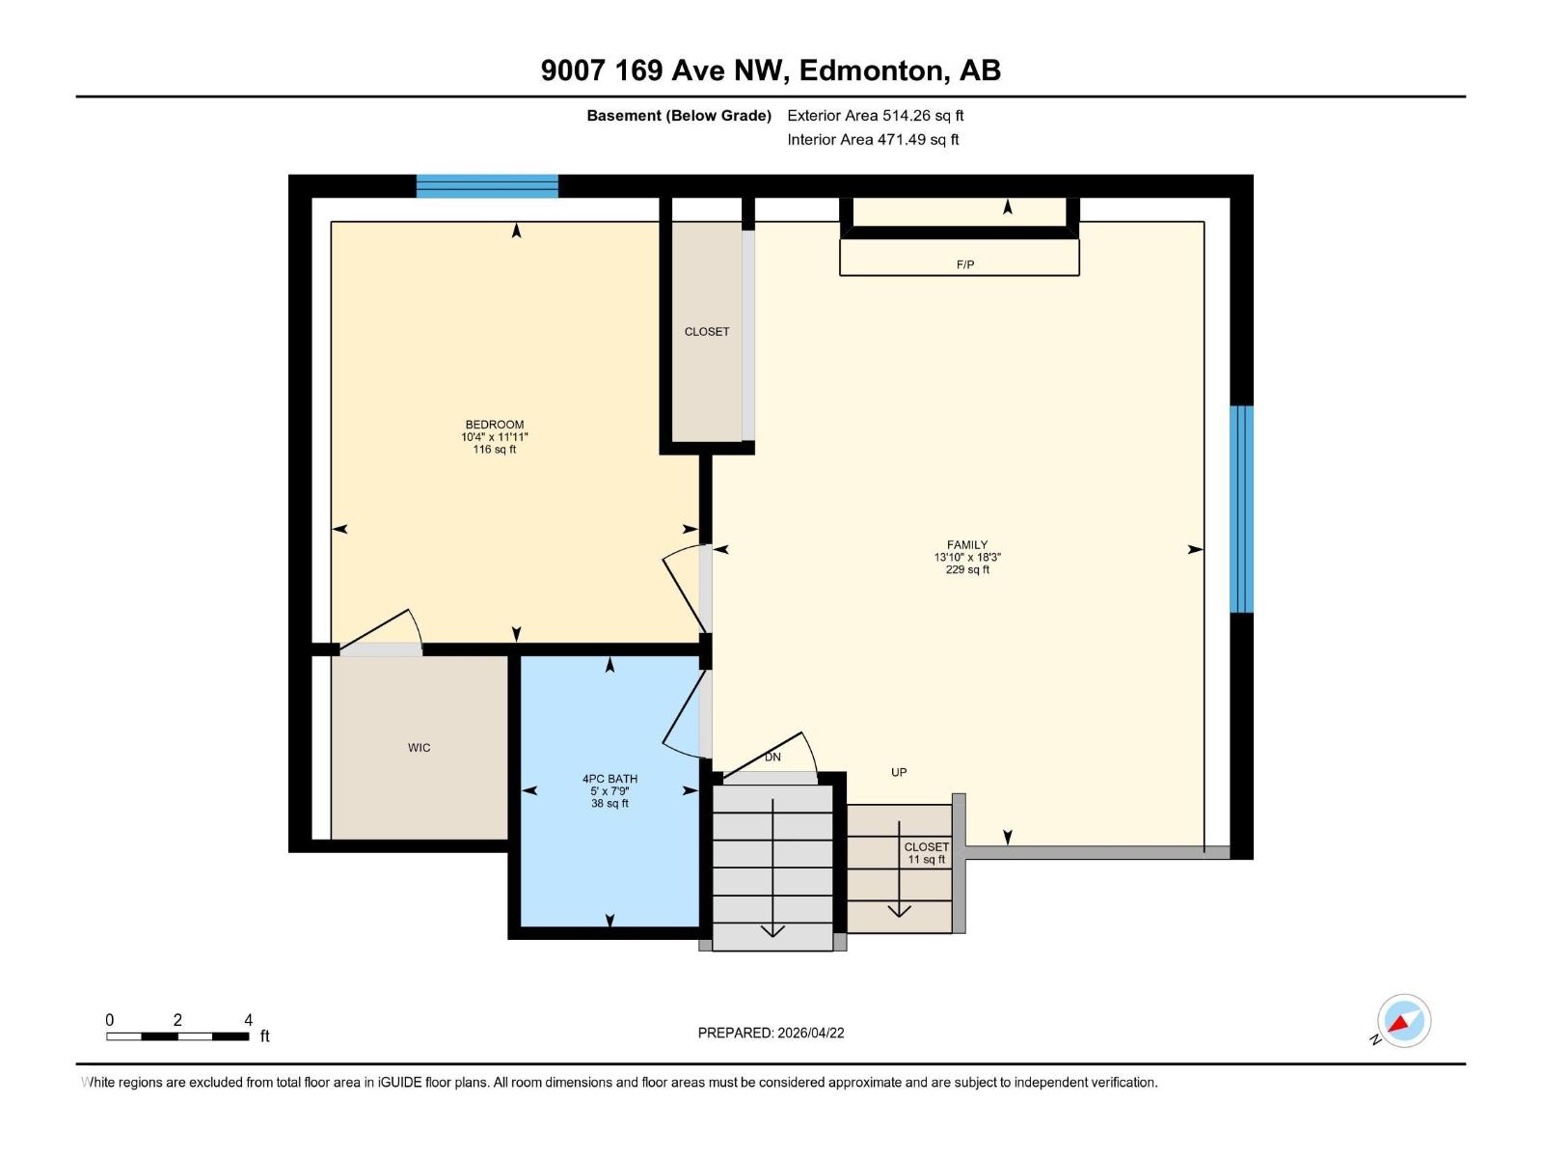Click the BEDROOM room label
click(x=494, y=425)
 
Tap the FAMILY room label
click(x=966, y=545)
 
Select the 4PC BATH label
click(x=609, y=779)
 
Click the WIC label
click(x=419, y=748)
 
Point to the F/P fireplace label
click(x=964, y=264)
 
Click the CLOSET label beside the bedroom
click(x=707, y=332)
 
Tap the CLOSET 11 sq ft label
click(x=926, y=853)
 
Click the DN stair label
click(x=772, y=758)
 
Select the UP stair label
click(x=899, y=773)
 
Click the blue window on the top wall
click(x=487, y=186)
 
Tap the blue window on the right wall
click(x=1241, y=509)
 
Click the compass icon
click(x=1403, y=1021)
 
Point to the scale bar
click(x=177, y=1036)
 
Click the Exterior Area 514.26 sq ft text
click(x=875, y=116)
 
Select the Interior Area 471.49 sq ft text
click(x=873, y=140)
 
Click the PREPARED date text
click(x=771, y=1033)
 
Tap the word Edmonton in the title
click(x=870, y=70)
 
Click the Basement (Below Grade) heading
click(x=679, y=116)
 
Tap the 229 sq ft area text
click(x=967, y=570)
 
